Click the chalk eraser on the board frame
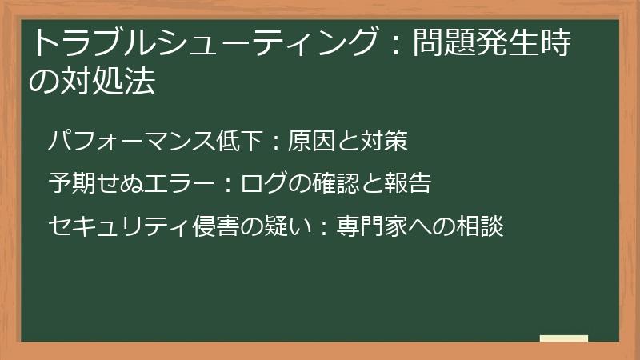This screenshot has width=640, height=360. (x=564, y=339)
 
